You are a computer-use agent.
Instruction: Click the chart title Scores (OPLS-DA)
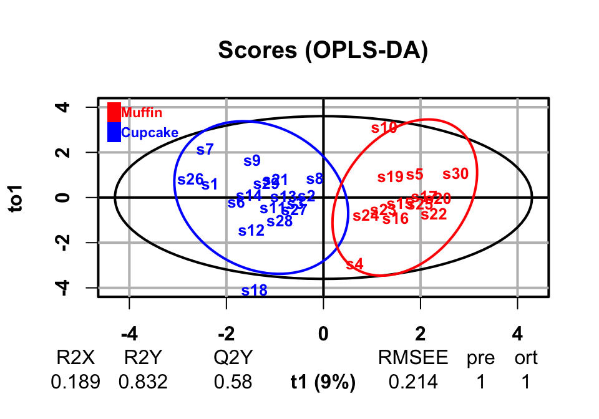[x=323, y=51]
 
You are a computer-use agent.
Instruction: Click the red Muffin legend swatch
[x=114, y=112]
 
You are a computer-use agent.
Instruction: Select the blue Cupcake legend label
[x=150, y=132]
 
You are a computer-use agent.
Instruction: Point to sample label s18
[x=254, y=291]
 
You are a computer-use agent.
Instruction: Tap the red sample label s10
[x=384, y=128]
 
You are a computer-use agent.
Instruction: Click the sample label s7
[x=205, y=150]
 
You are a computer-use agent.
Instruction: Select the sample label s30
[x=455, y=175]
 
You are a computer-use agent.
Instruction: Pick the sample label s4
[x=354, y=264]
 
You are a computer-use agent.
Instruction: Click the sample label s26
[x=190, y=180]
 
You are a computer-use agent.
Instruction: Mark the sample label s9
[x=251, y=161]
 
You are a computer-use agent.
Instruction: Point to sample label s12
[x=251, y=231]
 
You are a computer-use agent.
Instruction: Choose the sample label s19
[x=391, y=177]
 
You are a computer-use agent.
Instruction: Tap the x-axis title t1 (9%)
[x=323, y=382]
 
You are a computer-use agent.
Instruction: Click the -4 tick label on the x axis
[x=129, y=334]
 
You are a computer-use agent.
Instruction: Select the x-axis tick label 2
[x=420, y=334]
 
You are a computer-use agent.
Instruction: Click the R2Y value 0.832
[x=144, y=382]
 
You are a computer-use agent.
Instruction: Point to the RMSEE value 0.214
[x=413, y=382]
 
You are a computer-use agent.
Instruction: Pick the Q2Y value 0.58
[x=233, y=382]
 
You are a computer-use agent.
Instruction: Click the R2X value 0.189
[x=75, y=382]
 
